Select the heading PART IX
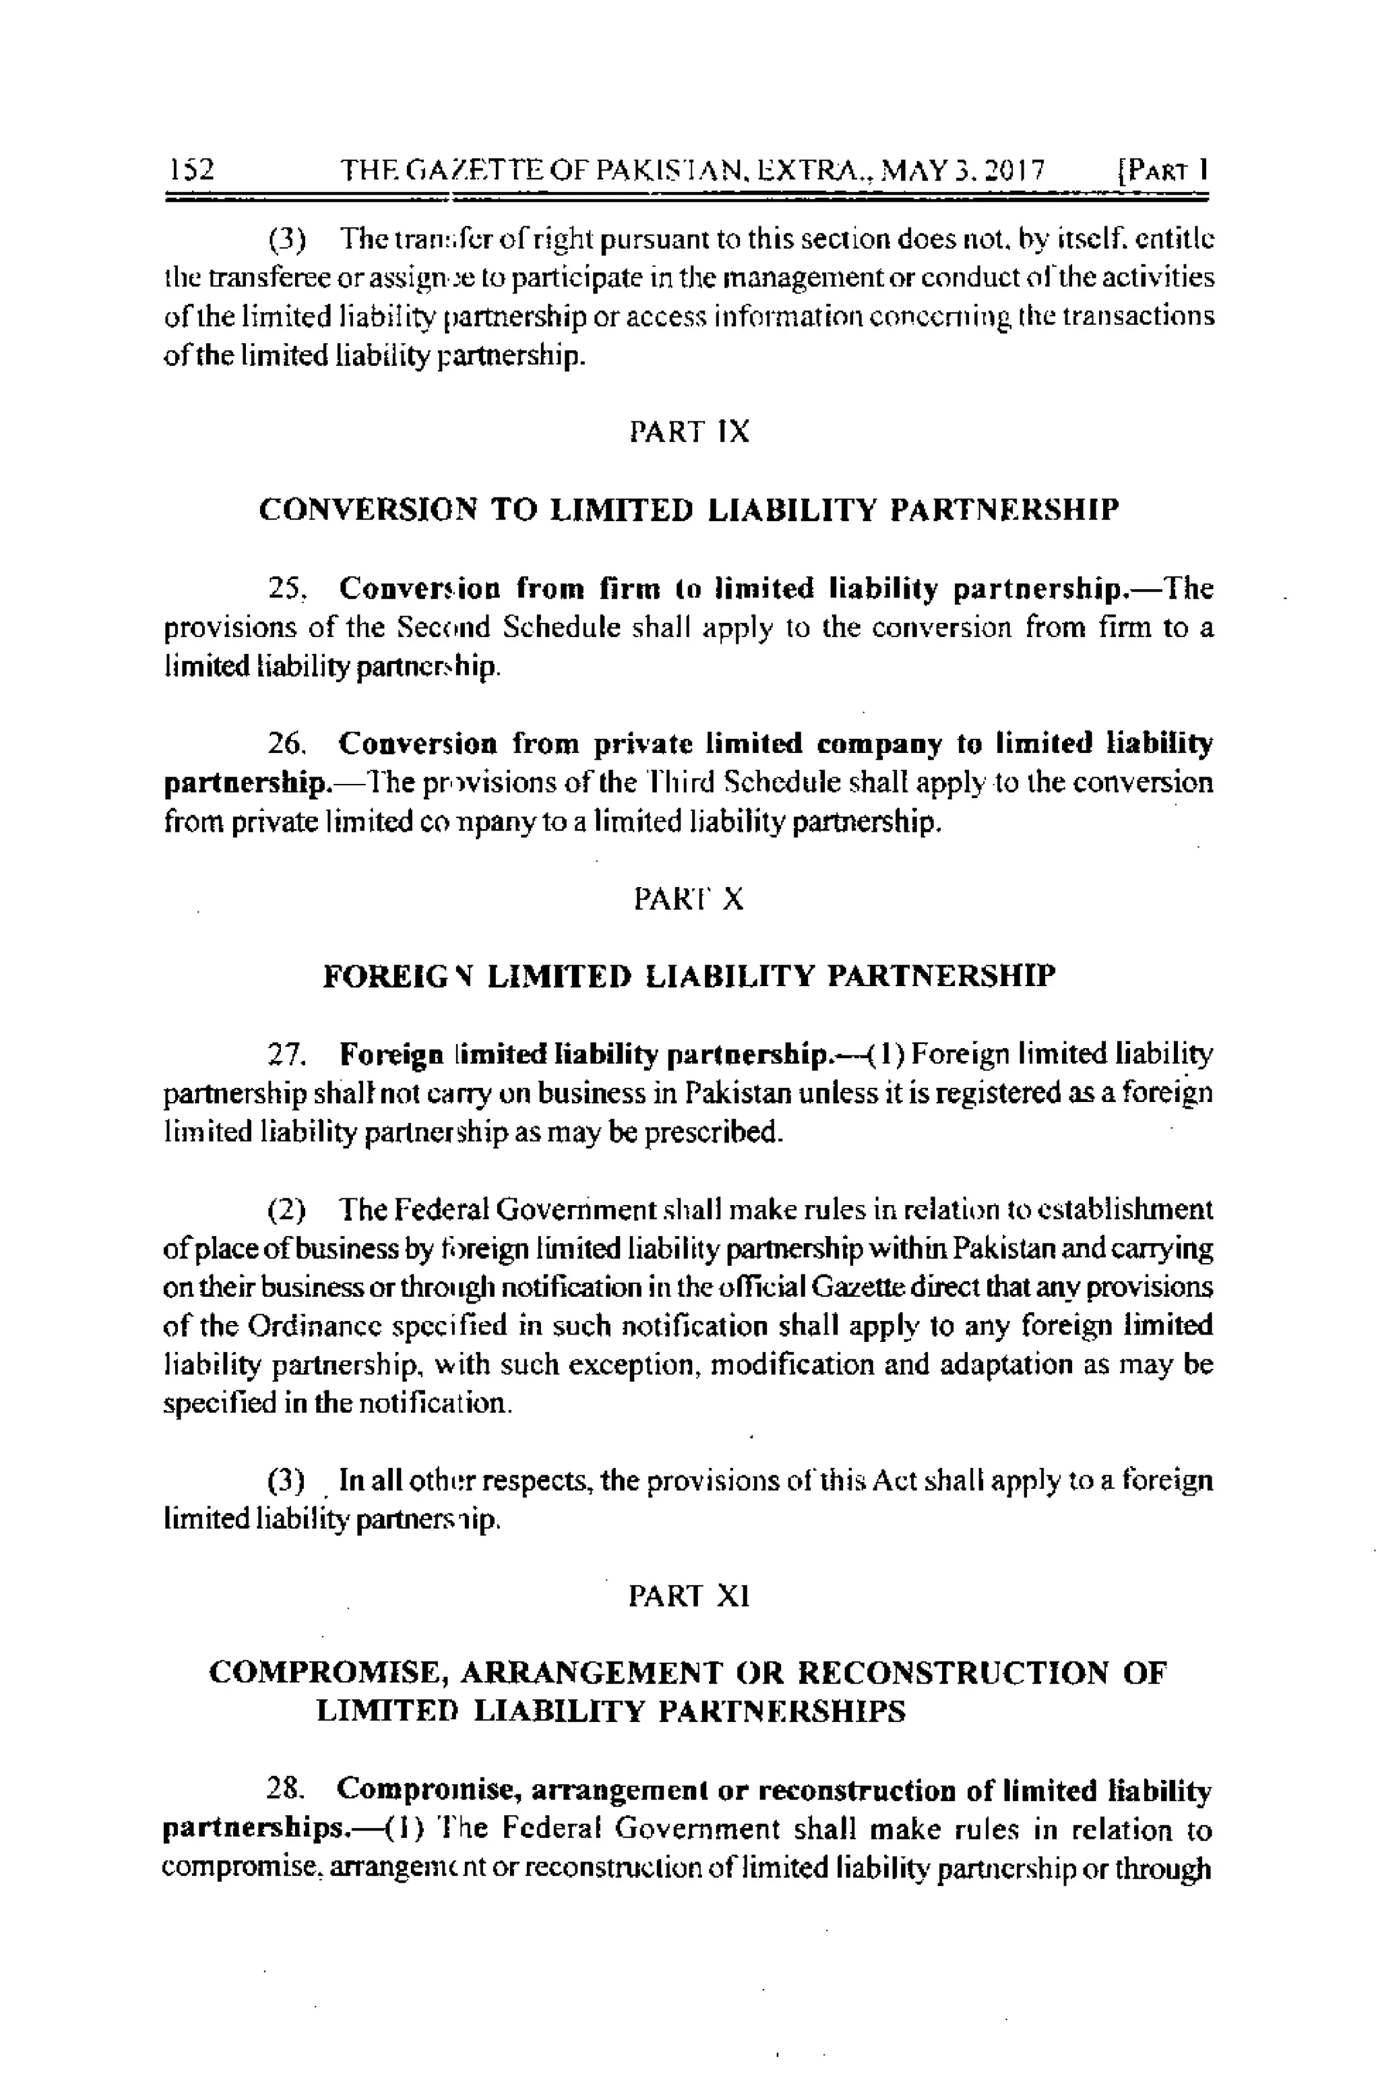[x=689, y=431]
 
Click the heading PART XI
[x=689, y=1595]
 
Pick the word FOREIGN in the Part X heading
[x=397, y=976]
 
